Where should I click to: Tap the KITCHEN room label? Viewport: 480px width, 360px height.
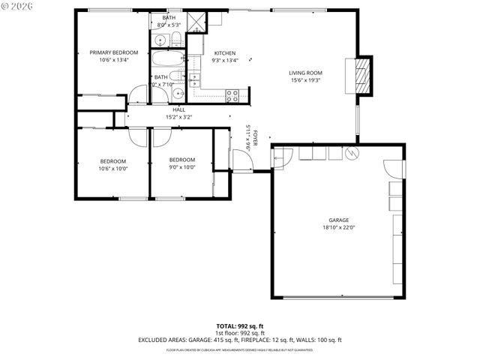coord(225,52)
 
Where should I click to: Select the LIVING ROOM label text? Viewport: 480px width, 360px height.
coord(305,73)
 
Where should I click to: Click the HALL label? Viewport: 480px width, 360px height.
coord(178,109)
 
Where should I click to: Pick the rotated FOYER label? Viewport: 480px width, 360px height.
coord(255,138)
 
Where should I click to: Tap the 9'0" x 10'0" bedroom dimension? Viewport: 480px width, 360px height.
coord(181,168)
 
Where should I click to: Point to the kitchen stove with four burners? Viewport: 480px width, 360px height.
coord(232,95)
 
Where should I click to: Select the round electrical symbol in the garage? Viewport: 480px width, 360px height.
coord(353,153)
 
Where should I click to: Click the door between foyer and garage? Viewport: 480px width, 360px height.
coord(282,157)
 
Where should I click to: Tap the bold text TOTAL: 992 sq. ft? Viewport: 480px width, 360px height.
coord(239,325)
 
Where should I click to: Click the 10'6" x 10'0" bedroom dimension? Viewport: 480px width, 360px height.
coord(113,168)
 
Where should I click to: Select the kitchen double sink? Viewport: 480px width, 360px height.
coord(194,82)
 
